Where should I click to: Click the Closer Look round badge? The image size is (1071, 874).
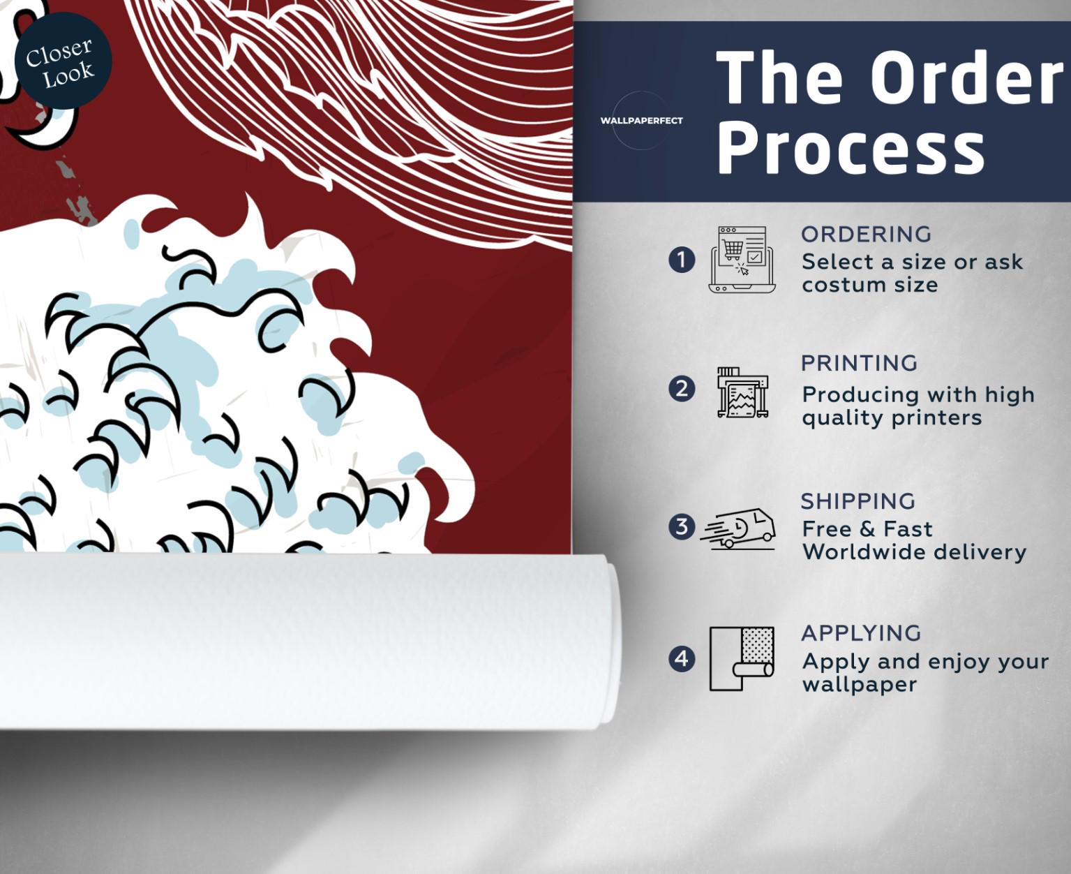63,61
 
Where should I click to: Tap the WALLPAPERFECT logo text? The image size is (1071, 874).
641,121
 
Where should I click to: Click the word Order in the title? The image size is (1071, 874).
966,79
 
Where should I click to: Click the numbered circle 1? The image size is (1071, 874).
682,260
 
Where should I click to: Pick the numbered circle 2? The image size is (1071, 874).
682,390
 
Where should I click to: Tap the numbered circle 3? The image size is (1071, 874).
682,526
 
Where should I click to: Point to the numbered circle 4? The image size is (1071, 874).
682,658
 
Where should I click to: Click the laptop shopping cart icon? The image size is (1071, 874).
742,260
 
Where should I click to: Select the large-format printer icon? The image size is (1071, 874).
742,392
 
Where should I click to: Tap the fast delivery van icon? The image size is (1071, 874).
738,529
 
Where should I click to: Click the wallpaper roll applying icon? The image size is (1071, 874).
742,658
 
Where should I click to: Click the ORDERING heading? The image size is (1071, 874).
866,235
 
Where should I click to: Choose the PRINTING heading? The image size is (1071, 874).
859,363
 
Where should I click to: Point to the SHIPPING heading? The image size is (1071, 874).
858,501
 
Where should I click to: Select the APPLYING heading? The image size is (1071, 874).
861,633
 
